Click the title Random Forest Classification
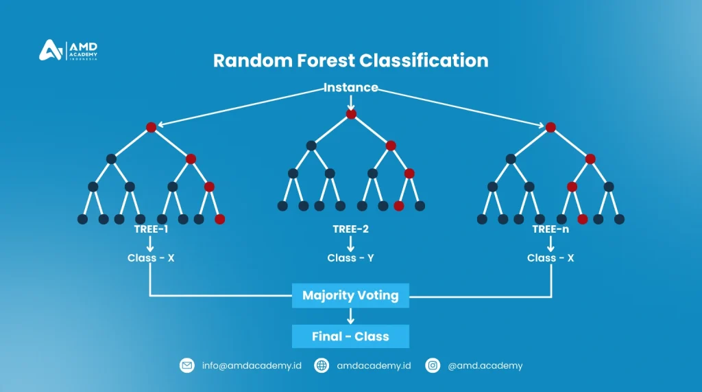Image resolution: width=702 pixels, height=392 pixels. click(x=350, y=60)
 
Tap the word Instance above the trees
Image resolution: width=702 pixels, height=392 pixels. click(x=351, y=87)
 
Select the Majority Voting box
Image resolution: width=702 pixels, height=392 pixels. click(x=350, y=296)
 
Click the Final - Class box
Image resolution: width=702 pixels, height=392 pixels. click(x=350, y=336)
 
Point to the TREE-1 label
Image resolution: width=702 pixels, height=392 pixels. click(x=151, y=229)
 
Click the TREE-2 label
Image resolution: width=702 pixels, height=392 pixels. click(x=351, y=229)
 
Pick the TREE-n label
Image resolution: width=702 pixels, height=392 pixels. click(x=550, y=229)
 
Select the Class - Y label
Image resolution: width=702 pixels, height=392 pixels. click(x=351, y=258)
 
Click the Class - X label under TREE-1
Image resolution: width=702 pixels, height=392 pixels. click(x=151, y=258)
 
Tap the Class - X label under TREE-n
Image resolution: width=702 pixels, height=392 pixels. click(x=550, y=258)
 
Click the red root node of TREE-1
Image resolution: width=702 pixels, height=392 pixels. click(x=151, y=127)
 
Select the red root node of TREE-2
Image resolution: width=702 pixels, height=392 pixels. click(x=351, y=114)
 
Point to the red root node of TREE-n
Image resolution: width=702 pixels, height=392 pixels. click(x=550, y=127)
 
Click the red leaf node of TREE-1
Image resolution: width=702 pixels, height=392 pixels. click(x=219, y=219)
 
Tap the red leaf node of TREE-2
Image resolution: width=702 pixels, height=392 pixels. click(x=399, y=205)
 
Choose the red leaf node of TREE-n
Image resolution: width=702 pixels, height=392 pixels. click(x=583, y=219)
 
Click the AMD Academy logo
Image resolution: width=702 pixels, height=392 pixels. click(x=69, y=51)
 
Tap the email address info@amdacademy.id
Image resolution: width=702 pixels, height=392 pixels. click(x=252, y=366)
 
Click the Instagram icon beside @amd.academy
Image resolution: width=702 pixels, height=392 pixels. click(x=433, y=366)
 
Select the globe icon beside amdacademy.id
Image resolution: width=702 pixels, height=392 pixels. click(x=322, y=366)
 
